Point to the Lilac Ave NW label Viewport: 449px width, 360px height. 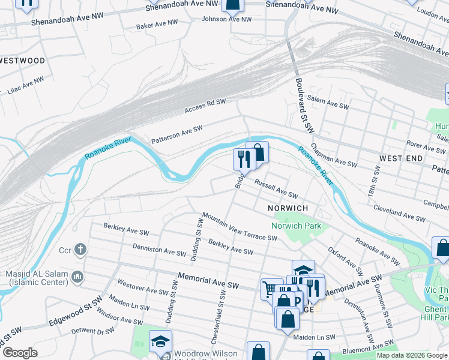pos(26,85)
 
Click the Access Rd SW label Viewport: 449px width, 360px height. pos(205,106)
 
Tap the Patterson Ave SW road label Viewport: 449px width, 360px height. pos(177,133)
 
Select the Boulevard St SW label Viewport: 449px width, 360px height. pos(304,104)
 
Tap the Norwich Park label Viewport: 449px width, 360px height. pos(296,226)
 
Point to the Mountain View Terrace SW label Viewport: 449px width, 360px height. pos(239,226)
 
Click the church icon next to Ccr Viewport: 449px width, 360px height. pos(81,249)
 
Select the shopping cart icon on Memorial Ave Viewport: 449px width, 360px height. pos(271,289)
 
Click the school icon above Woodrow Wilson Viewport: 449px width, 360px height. pos(160,340)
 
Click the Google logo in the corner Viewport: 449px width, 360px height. pos(20,353)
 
